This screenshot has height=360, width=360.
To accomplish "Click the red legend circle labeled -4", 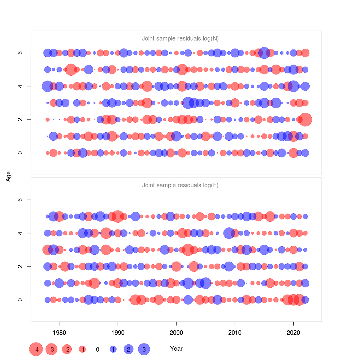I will click(x=36, y=349).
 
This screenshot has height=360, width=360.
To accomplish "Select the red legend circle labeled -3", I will click(x=52, y=349).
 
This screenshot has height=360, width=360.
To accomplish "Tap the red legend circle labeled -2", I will click(x=67, y=349).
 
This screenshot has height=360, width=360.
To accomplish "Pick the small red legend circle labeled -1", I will click(x=82, y=349).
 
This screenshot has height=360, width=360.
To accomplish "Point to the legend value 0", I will click(x=97, y=349).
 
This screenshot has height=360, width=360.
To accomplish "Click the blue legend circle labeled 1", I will click(x=113, y=349).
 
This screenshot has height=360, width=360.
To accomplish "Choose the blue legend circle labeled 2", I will click(x=128, y=349).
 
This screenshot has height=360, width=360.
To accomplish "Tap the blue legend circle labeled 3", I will click(x=144, y=349).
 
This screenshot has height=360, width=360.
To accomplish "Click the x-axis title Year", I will click(x=176, y=349).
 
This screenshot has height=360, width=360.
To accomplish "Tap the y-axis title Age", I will click(x=8, y=176).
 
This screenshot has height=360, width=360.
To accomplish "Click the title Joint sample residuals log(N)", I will click(x=180, y=38).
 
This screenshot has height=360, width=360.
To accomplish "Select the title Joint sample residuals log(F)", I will click(x=180, y=185).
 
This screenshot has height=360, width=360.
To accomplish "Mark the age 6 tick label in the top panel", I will click(x=20, y=53).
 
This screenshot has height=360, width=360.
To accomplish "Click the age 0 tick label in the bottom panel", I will click(x=20, y=300).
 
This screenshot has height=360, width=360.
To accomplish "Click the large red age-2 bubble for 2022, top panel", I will click(x=305, y=119).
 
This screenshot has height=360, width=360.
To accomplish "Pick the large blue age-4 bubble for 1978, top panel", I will click(x=47, y=86).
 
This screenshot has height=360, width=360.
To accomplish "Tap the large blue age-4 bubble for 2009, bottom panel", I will click(x=229, y=233).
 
